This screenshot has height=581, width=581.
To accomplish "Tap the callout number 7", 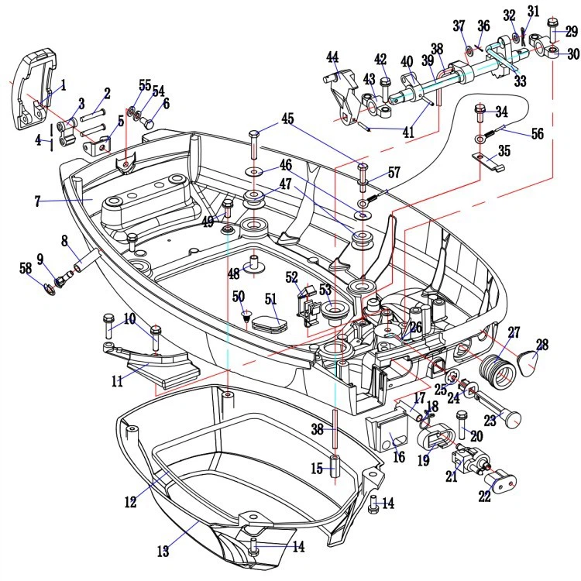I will (x=36, y=201).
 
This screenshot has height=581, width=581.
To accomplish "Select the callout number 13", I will (x=163, y=551).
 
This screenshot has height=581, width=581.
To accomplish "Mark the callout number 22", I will (x=485, y=497).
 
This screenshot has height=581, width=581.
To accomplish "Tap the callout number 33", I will (x=520, y=80).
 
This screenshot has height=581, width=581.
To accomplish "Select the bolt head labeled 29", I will (x=552, y=22).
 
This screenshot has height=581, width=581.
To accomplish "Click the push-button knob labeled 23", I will (x=512, y=417).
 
